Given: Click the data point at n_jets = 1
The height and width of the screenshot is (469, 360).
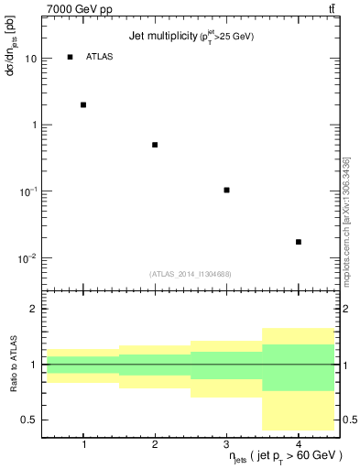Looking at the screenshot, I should (83, 104).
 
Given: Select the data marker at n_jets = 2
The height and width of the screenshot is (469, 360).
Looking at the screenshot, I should (155, 145).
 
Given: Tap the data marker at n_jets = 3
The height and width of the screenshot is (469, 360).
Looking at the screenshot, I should (226, 190).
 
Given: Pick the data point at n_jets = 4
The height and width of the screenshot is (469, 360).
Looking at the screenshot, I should (299, 242).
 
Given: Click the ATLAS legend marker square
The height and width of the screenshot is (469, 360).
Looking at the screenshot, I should (70, 57).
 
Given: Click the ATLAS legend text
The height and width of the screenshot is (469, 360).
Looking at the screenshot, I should (99, 57).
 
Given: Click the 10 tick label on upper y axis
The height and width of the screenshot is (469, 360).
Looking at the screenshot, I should (31, 58).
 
